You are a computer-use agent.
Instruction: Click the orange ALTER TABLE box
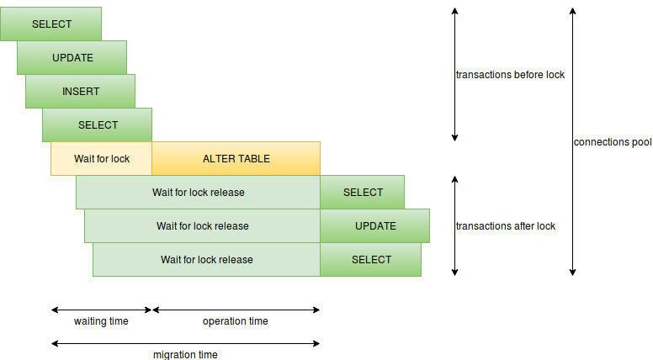236,158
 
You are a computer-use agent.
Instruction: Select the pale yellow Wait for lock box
101,158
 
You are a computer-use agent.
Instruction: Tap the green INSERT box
80,91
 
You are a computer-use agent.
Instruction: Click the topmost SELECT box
50,24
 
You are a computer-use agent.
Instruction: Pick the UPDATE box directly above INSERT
72,57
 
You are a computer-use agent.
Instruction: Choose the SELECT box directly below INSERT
97,124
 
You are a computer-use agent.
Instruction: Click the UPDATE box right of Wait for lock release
374,225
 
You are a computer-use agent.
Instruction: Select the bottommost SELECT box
370,259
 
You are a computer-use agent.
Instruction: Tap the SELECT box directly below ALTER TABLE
362,192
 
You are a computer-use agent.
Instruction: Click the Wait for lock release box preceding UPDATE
202,225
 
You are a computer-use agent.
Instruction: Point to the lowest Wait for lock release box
206,259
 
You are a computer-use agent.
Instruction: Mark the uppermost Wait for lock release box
198,192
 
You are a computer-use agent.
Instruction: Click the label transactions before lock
510,74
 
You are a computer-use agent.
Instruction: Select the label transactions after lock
505,225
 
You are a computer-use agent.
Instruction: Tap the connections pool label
613,142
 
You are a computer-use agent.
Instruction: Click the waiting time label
101,321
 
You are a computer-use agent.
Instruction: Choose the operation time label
236,321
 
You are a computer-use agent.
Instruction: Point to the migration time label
185,354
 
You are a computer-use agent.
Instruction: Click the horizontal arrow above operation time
236,310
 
